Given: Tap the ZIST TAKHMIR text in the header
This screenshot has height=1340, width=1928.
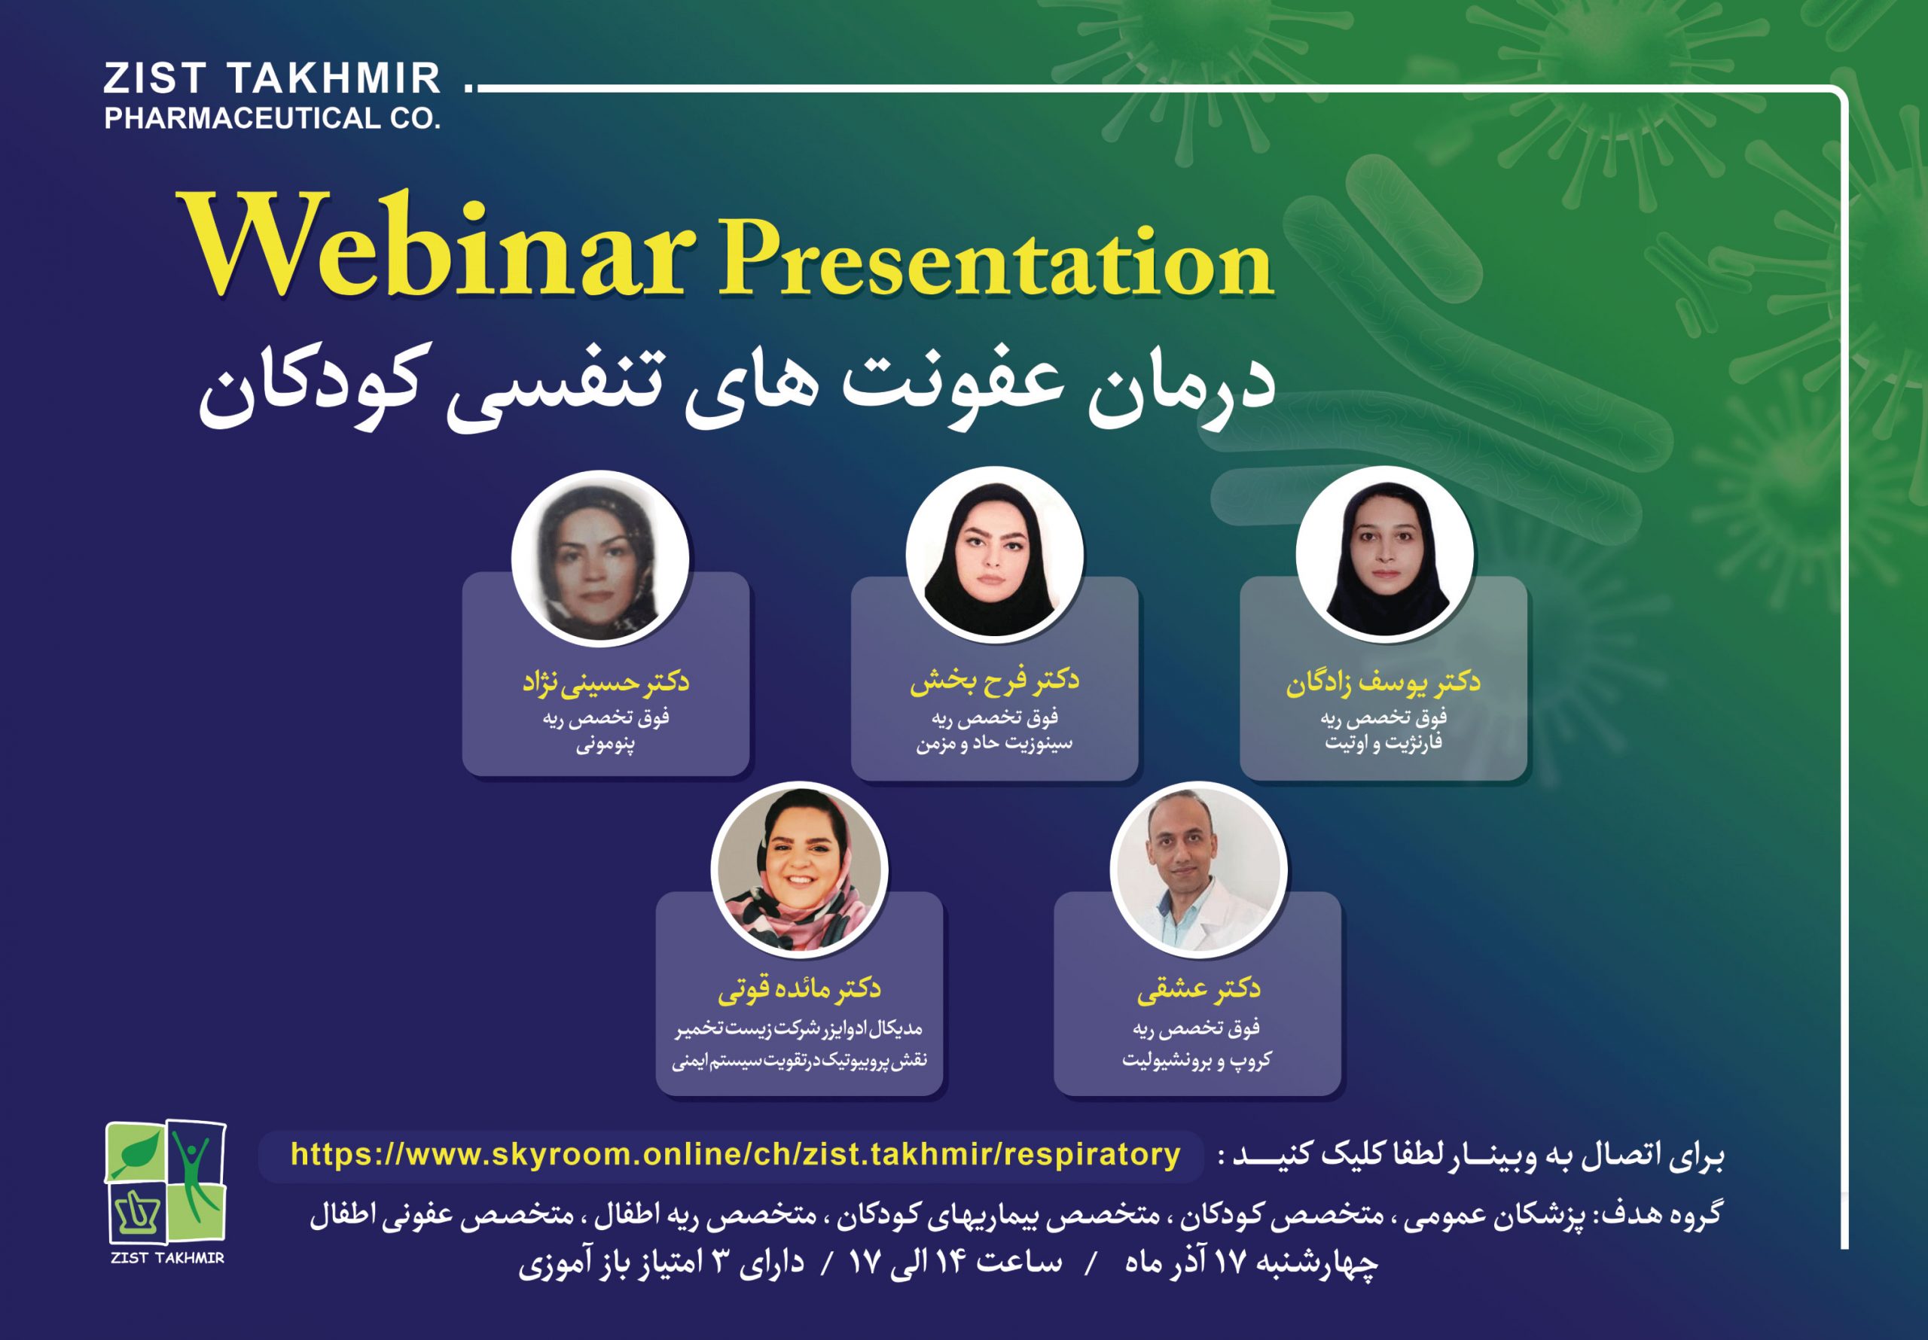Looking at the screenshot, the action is click(272, 80).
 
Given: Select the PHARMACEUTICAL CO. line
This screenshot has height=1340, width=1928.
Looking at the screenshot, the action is click(272, 118).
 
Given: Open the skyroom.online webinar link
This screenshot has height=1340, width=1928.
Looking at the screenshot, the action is click(736, 1155).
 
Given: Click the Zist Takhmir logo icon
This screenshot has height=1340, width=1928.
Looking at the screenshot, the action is click(166, 1182).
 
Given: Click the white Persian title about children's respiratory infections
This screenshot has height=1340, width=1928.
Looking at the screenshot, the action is click(737, 387).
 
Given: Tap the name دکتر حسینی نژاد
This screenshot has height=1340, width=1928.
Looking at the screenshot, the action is click(606, 682).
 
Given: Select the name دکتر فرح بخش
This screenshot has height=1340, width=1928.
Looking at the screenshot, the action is click(994, 680).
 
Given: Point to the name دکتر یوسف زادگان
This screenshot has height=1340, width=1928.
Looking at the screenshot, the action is click(1383, 682).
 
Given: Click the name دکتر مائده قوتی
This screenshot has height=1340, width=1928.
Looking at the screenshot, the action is click(798, 989).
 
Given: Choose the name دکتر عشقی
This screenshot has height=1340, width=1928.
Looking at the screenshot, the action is click(1198, 989).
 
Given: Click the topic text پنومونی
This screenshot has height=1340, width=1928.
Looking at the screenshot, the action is click(606, 745).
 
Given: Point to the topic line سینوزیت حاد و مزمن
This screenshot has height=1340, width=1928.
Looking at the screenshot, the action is click(994, 744).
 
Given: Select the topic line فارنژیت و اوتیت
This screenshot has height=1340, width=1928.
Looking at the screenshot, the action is click(1383, 743).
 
